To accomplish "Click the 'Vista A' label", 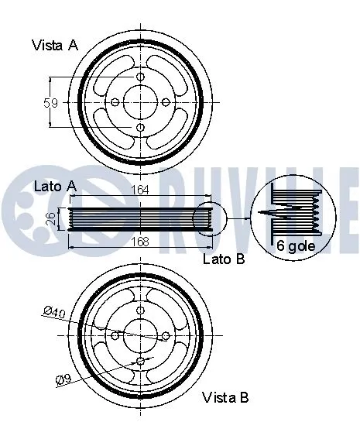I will click(55, 46).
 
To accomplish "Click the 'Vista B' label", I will click(225, 398).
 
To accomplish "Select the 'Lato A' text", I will click(55, 186).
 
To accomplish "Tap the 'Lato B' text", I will click(224, 260).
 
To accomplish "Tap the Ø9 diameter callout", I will click(62, 379).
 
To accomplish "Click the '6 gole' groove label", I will click(297, 247).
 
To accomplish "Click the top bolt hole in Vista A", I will click(140, 77).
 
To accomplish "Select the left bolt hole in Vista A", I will click(115, 102).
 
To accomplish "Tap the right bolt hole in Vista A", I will click(166, 102).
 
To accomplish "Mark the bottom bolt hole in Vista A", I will click(140, 128).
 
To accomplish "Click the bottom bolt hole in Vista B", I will click(140, 361).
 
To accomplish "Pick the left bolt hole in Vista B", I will click(115, 335).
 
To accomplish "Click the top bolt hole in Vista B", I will click(140, 310).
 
